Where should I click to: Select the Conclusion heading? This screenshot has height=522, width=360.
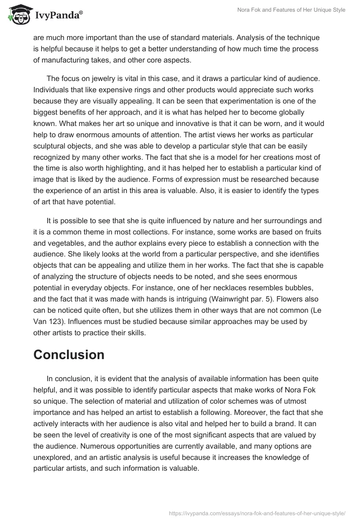[69, 355]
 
